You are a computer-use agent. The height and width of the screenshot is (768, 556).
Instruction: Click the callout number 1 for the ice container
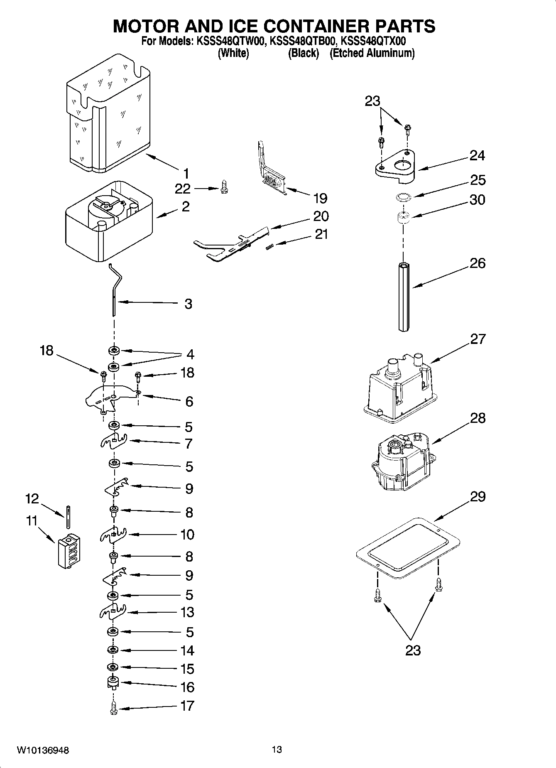point(186,173)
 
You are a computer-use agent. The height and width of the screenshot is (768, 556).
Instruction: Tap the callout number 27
point(478,339)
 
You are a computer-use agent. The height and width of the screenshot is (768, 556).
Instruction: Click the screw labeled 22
point(224,188)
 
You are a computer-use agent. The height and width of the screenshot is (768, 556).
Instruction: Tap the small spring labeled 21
point(269,247)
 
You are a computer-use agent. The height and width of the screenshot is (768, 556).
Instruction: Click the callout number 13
point(187,612)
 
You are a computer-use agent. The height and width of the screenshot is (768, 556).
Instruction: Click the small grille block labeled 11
point(69,550)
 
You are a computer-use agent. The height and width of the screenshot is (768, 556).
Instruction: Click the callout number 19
point(320,198)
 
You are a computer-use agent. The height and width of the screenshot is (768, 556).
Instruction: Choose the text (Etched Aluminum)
point(372,53)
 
